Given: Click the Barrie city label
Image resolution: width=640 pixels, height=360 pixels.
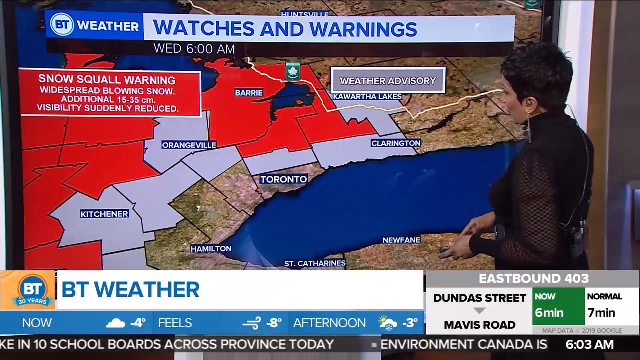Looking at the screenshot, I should coord(249,92).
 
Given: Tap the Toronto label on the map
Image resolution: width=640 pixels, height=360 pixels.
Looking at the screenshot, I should coord(283,179).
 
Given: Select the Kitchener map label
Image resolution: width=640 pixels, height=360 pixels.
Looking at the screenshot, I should coord(104,214).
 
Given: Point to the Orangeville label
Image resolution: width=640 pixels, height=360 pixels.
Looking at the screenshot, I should coord(189,145).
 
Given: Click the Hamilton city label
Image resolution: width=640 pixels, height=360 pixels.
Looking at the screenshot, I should coord(211,248).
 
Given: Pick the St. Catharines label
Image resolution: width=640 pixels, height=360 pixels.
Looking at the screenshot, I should coord(315,263).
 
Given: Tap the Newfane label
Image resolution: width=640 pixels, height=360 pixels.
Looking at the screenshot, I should coord(401,240).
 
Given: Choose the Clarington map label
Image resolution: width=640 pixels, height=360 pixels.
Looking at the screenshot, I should coord(396,143).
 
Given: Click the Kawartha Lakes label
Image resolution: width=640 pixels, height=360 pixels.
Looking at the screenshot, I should coord(367,96).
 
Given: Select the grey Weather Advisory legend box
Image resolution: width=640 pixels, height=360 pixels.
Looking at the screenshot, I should coord(388,80).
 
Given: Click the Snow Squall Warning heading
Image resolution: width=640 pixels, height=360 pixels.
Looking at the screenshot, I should coord(107,79).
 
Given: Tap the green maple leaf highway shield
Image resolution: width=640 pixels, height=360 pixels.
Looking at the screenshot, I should coord(292,71).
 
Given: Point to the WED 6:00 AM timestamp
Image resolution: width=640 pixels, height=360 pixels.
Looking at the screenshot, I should coord(194,48).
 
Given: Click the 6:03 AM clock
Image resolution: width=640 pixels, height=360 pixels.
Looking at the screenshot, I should coord(589,344).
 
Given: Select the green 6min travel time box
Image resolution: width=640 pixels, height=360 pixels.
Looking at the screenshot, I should coord(558,306).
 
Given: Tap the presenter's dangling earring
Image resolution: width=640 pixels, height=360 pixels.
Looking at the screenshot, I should coord(528,127).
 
